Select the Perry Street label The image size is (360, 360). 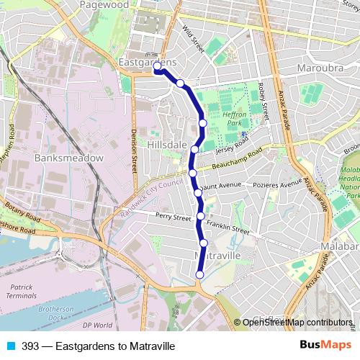[x=174, y=217]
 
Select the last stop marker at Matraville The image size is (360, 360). [x=199, y=274]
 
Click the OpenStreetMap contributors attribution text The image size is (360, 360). [x=298, y=323]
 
